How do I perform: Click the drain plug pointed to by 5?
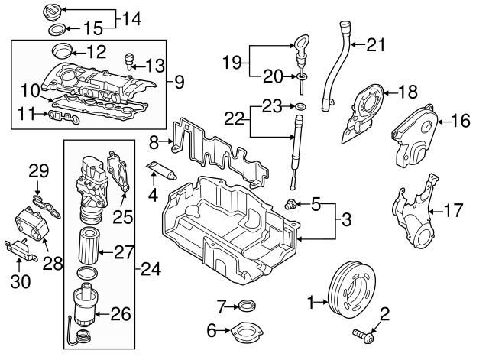pyautogui.click(x=290, y=203)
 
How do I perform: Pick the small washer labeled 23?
pyautogui.click(x=301, y=105)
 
